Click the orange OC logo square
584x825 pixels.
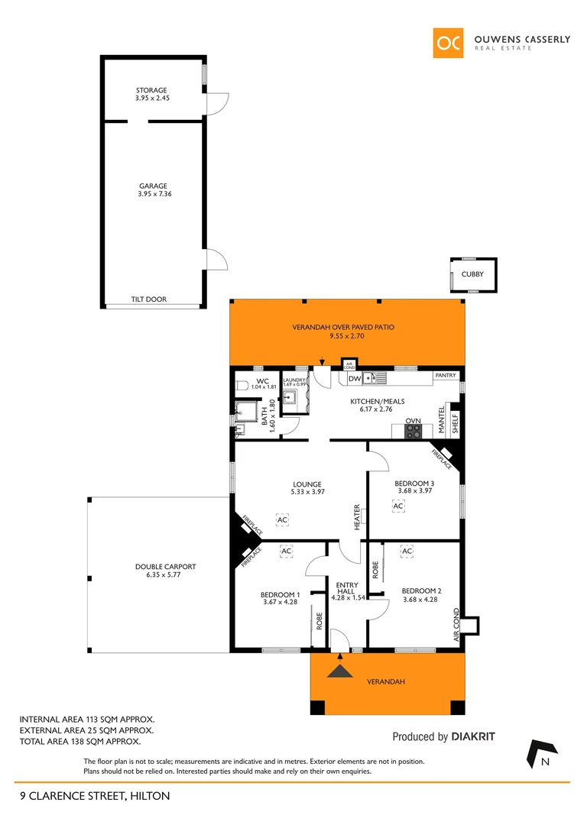[448, 43]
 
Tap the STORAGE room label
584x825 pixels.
[151, 90]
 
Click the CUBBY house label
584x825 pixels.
[472, 273]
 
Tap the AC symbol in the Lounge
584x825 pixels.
[282, 519]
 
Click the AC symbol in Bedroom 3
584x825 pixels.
[397, 506]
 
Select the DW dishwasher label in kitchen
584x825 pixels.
[354, 379]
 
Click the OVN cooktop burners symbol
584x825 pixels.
[413, 431]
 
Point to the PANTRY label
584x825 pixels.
[445, 376]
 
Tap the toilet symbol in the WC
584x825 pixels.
[242, 386]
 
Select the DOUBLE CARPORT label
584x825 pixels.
[165, 566]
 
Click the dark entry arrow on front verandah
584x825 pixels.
[339, 670]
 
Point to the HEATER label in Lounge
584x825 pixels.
[357, 517]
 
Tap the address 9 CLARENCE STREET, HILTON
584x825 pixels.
[95, 796]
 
